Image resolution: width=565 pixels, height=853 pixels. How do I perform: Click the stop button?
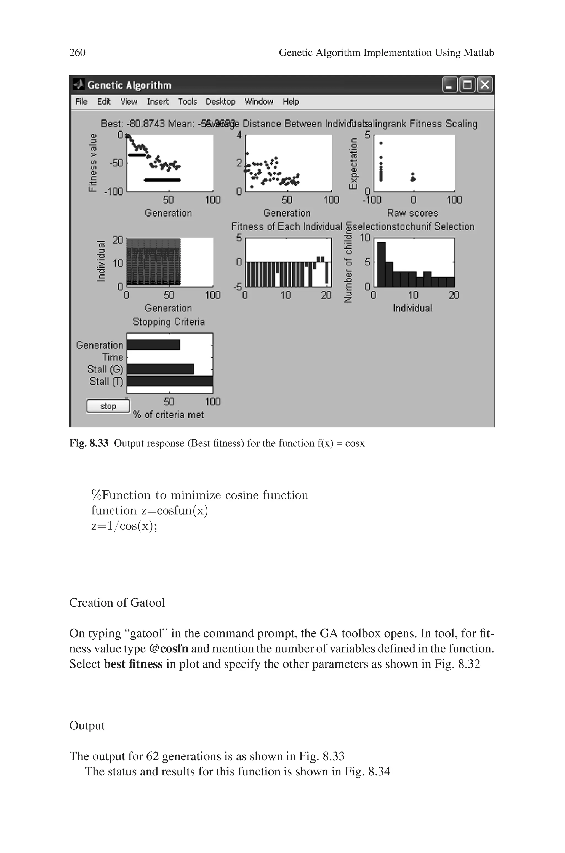click(x=108, y=406)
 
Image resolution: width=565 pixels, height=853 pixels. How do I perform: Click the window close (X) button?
click(x=485, y=85)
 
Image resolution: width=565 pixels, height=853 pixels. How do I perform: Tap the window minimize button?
click(x=450, y=85)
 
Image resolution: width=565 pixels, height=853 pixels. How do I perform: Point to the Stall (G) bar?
click(x=160, y=369)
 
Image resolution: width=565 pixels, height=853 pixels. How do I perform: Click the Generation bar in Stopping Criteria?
click(x=153, y=345)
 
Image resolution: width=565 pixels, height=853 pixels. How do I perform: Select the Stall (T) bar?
click(x=169, y=381)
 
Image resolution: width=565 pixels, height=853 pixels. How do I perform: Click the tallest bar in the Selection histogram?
click(x=381, y=264)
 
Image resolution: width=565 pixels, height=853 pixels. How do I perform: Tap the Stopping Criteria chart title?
click(x=169, y=322)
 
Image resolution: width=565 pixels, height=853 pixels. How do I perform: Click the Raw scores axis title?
click(x=412, y=213)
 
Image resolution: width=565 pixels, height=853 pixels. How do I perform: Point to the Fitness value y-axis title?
click(x=93, y=162)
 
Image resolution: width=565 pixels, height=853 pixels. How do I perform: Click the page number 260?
click(x=77, y=53)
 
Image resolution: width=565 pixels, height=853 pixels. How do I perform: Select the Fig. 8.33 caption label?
click(x=89, y=443)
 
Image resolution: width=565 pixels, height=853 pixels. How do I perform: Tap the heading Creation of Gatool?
click(x=117, y=603)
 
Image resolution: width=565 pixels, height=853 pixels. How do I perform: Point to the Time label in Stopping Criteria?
click(x=113, y=357)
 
